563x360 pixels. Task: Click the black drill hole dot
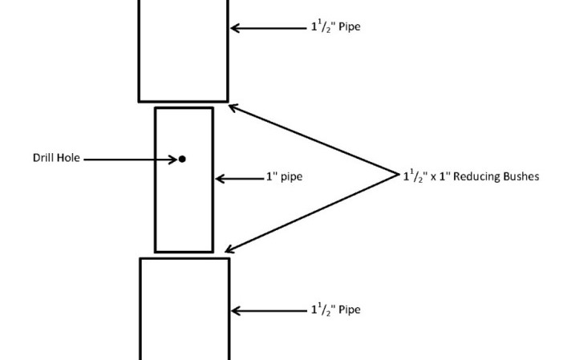182,159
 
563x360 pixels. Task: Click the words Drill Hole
56,159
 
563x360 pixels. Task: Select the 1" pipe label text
284,177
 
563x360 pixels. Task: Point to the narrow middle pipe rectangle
184,208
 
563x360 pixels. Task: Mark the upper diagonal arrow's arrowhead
233,107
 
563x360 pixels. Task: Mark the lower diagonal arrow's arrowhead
232,250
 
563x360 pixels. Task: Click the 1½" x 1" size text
426,176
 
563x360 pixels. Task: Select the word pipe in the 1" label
290,177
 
